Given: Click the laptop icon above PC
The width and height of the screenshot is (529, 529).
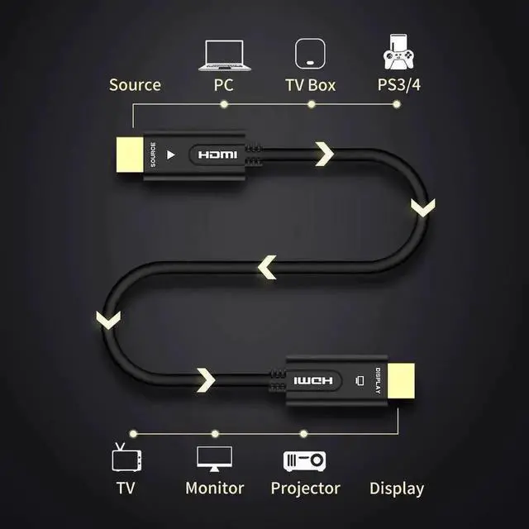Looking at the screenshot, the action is pyautogui.click(x=224, y=55).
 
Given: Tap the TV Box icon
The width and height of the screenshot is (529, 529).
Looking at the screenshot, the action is pyautogui.click(x=311, y=54).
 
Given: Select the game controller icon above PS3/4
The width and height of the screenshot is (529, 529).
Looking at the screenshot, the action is pyautogui.click(x=398, y=52).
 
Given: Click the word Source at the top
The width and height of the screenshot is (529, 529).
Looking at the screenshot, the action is pyautogui.click(x=135, y=84).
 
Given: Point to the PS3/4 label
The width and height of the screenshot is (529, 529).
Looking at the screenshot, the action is pyautogui.click(x=398, y=84).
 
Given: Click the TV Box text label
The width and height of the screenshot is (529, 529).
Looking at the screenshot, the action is pyautogui.click(x=311, y=85).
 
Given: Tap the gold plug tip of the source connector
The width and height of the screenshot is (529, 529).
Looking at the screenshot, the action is pyautogui.click(x=130, y=155).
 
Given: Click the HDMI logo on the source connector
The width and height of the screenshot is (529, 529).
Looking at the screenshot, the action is pyautogui.click(x=217, y=155).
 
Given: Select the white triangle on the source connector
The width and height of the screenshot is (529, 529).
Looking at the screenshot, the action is pyautogui.click(x=171, y=155).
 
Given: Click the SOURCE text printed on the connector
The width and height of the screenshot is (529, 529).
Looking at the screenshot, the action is pyautogui.click(x=153, y=155).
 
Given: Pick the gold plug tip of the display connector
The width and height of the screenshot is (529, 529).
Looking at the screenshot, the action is pyautogui.click(x=401, y=381).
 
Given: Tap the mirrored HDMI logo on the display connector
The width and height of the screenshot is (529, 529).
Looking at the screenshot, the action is pyautogui.click(x=313, y=381).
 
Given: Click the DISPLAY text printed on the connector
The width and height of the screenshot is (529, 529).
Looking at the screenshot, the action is pyautogui.click(x=378, y=381).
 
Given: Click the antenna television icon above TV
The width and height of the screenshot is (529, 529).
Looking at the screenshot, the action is pyautogui.click(x=126, y=457).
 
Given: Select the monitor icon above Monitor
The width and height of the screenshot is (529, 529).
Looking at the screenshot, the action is pyautogui.click(x=215, y=459).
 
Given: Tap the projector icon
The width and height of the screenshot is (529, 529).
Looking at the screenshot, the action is pyautogui.click(x=305, y=461).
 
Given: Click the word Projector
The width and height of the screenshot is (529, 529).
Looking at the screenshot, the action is pyautogui.click(x=305, y=488).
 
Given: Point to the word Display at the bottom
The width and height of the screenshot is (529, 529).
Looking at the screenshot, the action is pyautogui.click(x=397, y=488).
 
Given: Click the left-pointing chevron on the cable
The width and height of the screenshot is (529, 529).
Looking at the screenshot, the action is pyautogui.click(x=268, y=267).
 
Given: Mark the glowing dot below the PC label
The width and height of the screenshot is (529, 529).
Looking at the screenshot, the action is pyautogui.click(x=224, y=104).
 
